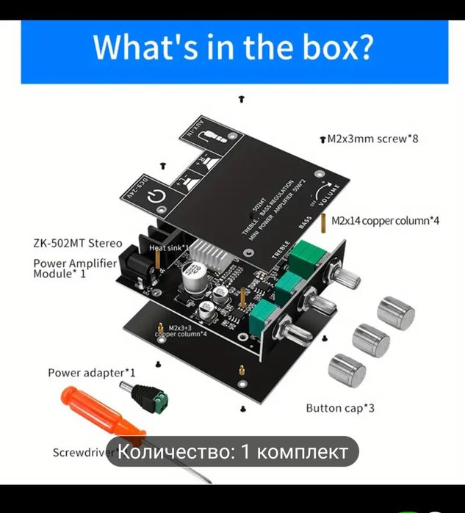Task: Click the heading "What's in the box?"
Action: pyautogui.click(x=232, y=48)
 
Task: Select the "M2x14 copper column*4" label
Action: pyautogui.click(x=385, y=220)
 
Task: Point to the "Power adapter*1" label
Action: pyautogui.click(x=92, y=373)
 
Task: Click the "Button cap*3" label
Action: pyautogui.click(x=340, y=408)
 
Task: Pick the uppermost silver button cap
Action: pyautogui.click(x=396, y=313)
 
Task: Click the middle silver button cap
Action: pyautogui.click(x=371, y=341)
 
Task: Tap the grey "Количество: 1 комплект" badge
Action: pyautogui.click(x=233, y=452)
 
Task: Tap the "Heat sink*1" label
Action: pyautogui.click(x=170, y=249)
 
